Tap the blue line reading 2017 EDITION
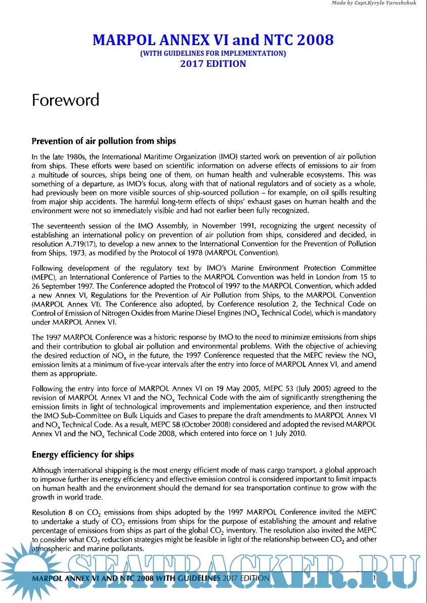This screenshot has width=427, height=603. tap(213, 64)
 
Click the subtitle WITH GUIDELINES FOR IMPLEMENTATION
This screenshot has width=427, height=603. tap(213, 53)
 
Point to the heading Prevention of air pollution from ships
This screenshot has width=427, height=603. tap(104, 141)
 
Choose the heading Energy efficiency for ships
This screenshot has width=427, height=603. tap(82, 455)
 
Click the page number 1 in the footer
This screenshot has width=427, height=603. tap(373, 578)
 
